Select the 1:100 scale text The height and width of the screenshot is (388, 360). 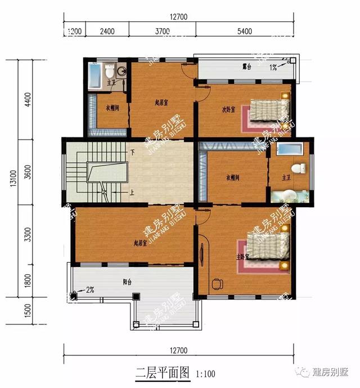pos(205,373)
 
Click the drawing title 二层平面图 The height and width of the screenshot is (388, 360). pos(164,373)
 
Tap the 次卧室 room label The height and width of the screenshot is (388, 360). pos(228,110)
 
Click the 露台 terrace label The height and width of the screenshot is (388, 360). pos(246,66)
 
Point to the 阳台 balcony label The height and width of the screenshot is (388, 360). pos(128,283)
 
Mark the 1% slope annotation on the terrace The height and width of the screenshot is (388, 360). pos(273,68)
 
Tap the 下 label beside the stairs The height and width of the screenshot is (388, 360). pos(132,153)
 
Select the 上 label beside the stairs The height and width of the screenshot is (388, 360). pos(132,192)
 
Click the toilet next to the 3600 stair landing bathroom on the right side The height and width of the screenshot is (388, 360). pos(300,168)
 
